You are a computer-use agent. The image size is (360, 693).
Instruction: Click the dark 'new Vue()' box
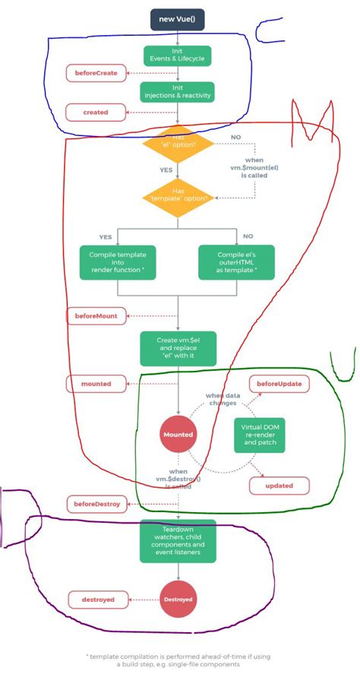coord(178,18)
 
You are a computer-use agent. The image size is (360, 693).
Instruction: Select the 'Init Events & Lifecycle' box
coord(178,55)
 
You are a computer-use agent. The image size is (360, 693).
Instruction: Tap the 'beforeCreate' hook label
coord(96,74)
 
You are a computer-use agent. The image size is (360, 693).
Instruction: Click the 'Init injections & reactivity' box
coord(178,91)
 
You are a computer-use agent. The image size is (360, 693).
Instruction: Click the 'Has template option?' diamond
coord(178,196)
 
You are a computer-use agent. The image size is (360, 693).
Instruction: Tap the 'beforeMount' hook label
coord(96,315)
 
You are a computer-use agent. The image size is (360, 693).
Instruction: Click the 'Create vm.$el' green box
coord(178,348)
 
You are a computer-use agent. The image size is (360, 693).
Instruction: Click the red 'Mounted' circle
coord(178,435)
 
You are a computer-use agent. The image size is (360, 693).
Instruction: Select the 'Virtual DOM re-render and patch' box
coord(259,435)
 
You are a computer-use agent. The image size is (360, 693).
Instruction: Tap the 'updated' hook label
coord(279,485)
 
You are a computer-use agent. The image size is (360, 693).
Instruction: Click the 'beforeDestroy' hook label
coord(96,505)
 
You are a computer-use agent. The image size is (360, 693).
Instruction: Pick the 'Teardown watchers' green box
coord(178,541)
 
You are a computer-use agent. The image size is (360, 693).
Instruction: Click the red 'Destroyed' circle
coord(178,600)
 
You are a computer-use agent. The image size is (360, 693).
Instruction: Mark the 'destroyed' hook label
coord(97,600)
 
